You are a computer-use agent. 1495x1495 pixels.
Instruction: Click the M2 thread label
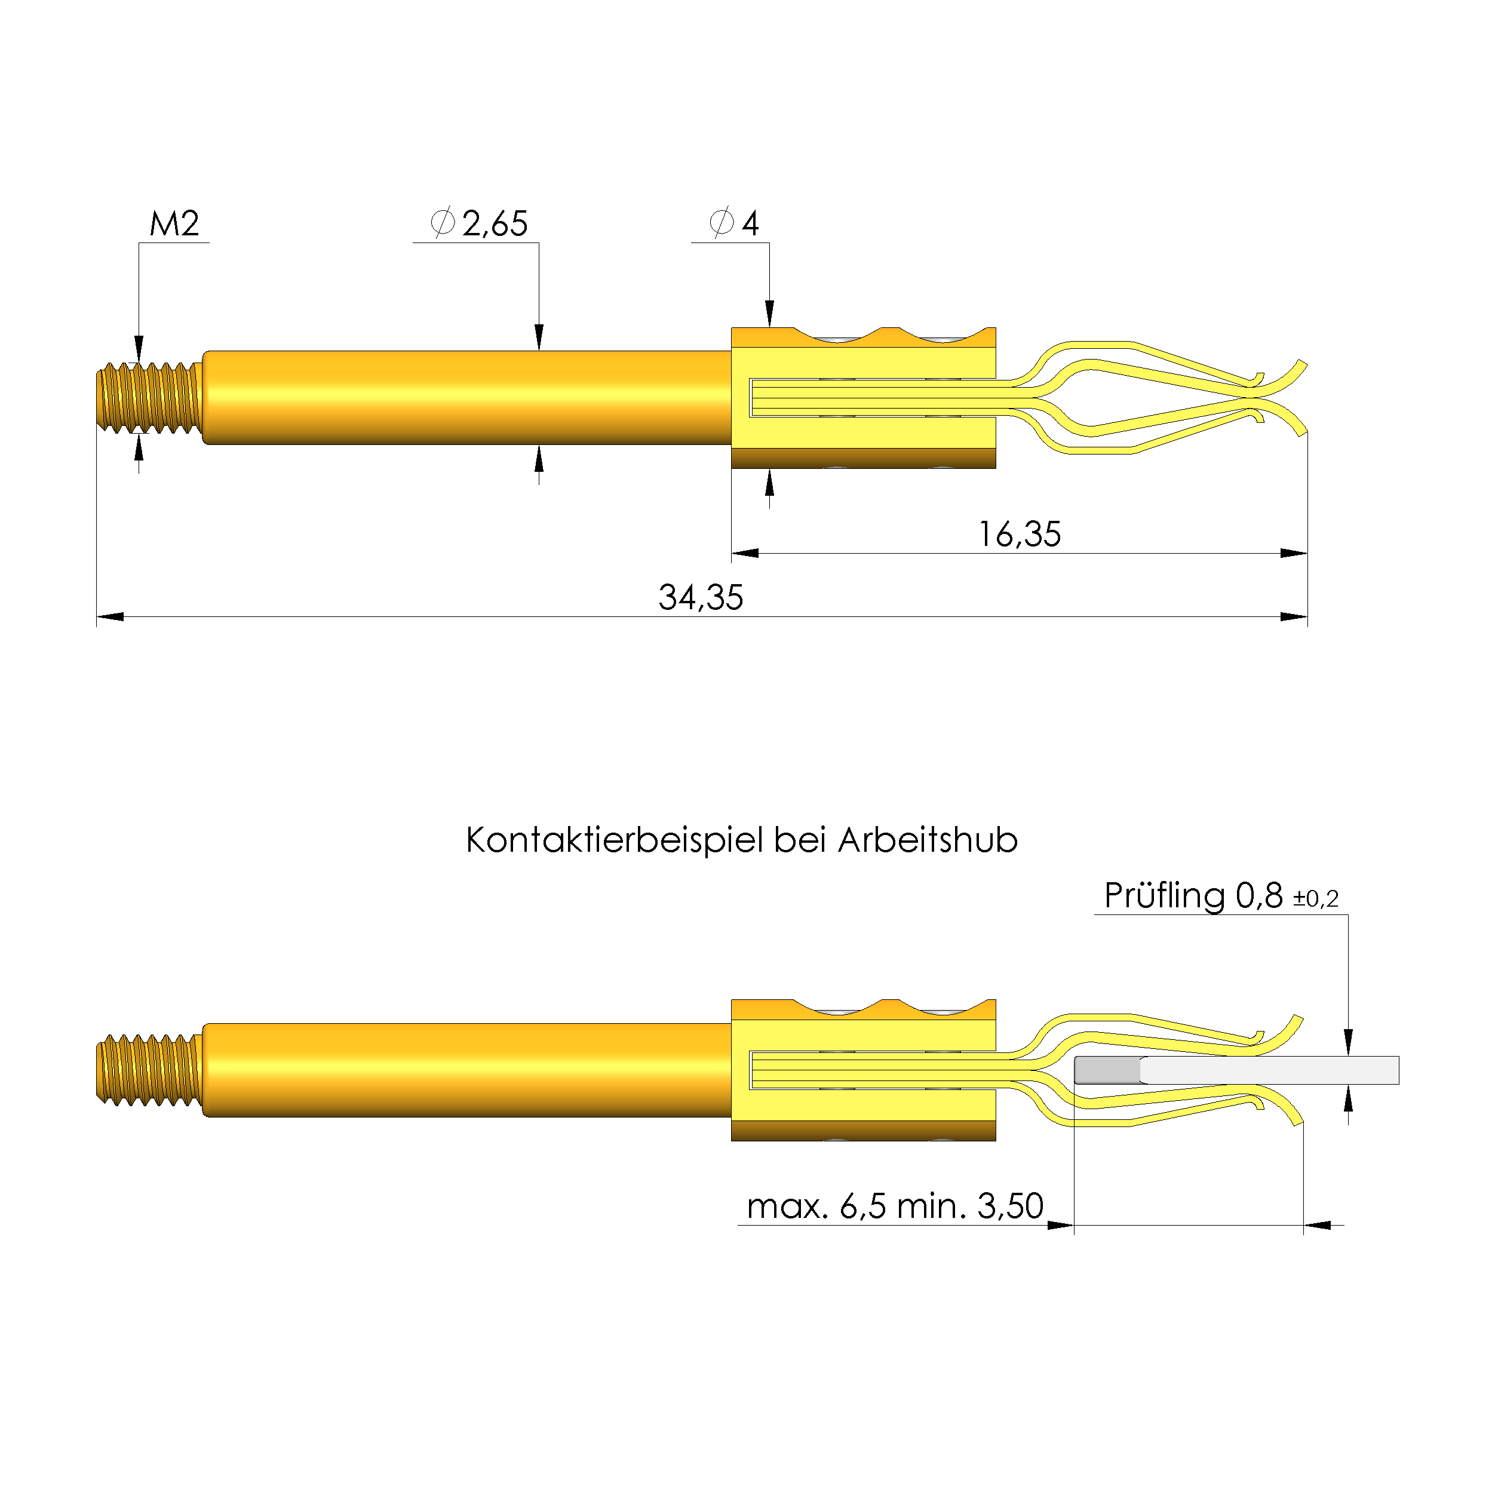click(174, 225)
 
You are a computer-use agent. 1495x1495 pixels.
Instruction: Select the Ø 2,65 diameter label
click(480, 223)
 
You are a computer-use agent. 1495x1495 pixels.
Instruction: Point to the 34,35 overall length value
click(700, 598)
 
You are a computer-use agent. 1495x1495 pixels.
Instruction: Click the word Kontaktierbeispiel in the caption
click(615, 841)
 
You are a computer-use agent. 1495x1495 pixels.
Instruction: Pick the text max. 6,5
click(816, 1207)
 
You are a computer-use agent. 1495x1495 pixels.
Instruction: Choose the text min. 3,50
click(971, 1207)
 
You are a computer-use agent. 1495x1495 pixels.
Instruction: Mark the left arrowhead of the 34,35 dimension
click(110, 617)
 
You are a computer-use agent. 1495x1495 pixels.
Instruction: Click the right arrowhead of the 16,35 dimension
click(1293, 553)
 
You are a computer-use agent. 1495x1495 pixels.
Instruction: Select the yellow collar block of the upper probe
click(863, 398)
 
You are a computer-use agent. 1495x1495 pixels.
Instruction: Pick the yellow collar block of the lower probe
click(863, 1070)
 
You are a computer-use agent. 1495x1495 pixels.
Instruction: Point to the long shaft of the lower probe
click(464, 1070)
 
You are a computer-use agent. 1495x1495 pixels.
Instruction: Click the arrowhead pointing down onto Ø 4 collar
click(769, 314)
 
